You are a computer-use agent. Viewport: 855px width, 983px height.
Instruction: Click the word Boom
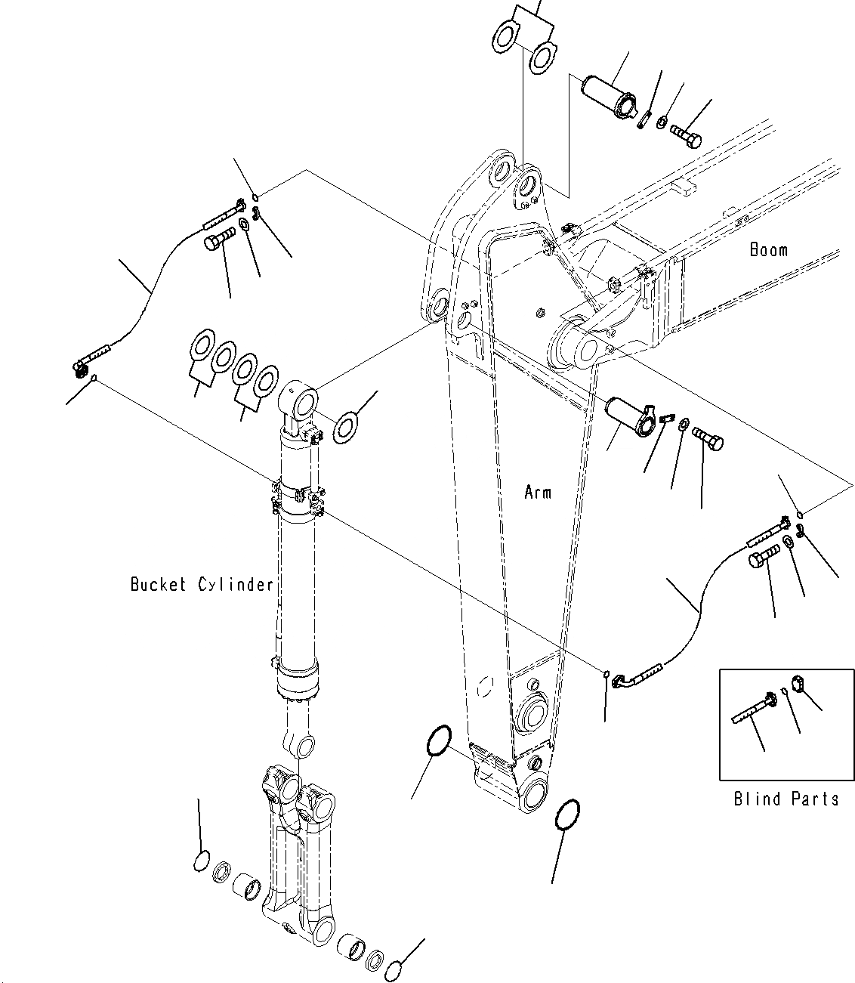pos(768,250)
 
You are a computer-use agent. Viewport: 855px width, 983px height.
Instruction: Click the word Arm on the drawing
pos(538,493)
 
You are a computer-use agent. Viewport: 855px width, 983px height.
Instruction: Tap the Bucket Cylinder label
pos(202,584)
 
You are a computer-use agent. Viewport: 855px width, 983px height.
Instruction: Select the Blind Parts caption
pos(786,799)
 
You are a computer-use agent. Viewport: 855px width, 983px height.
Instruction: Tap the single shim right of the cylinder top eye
pos(347,428)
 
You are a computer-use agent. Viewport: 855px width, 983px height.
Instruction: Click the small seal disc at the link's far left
pos(200,861)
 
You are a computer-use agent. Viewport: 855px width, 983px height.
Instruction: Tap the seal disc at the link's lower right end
pos(394,970)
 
